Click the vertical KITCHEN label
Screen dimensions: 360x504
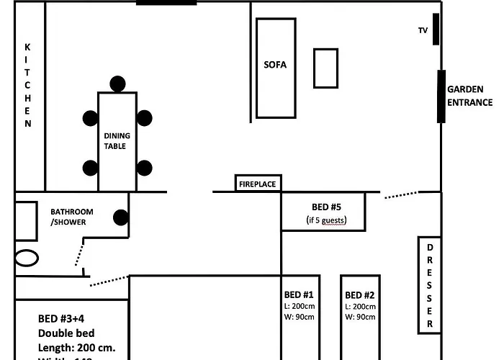[x=28, y=85]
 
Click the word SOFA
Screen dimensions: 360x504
[x=275, y=65]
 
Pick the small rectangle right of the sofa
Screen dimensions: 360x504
[x=325, y=68]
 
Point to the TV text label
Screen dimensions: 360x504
[x=423, y=30]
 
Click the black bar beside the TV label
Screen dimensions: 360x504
[x=436, y=29]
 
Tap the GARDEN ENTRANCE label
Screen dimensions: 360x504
[x=469, y=96]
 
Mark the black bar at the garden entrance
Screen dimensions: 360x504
[x=441, y=96]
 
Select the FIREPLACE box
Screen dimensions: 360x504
[x=257, y=184]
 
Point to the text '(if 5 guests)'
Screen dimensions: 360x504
[x=326, y=220]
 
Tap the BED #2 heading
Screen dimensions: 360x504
[x=360, y=295]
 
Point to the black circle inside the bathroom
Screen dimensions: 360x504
[x=121, y=217]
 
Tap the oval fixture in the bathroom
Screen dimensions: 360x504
[x=26, y=258]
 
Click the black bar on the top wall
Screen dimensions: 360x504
[x=166, y=3]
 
